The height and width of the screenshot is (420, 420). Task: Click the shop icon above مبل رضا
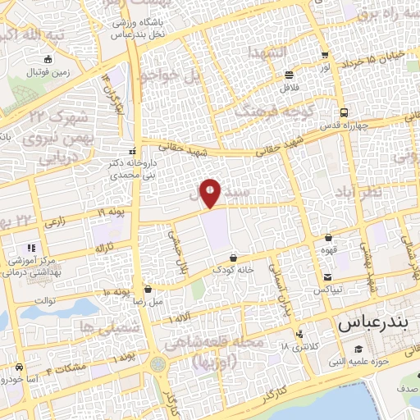[x=148, y=288]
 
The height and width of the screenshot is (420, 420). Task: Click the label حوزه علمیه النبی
[x=362, y=359]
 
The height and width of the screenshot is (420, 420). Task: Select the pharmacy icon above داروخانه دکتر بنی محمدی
[x=132, y=151]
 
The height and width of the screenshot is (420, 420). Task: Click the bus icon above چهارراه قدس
[x=344, y=114]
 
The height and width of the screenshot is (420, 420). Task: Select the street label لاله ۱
[x=181, y=318]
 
